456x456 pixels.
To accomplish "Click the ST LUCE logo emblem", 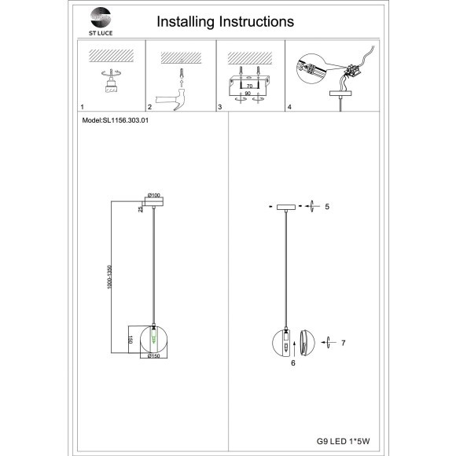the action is click(101, 17).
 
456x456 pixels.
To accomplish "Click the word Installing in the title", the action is click(186, 22).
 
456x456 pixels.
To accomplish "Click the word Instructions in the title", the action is click(256, 21).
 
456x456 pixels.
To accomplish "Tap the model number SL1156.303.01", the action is click(125, 120).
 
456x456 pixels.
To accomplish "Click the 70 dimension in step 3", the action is click(249, 86).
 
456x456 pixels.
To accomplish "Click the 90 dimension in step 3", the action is click(248, 94).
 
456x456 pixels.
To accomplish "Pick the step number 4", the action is click(289, 107).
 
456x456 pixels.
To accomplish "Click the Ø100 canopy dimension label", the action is click(154, 195).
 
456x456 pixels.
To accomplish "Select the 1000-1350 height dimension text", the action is click(109, 277).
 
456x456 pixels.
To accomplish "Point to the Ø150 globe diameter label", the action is click(154, 355).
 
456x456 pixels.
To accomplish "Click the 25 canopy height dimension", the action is click(141, 209).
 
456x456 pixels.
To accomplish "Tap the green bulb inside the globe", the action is click(153, 336).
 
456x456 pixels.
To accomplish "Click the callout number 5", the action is click(327, 207).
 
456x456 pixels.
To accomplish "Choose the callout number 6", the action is click(293, 363).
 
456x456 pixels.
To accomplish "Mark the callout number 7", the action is click(344, 343).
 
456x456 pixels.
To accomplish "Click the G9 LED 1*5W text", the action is click(343, 441).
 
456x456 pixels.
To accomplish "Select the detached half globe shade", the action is click(307, 343).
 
